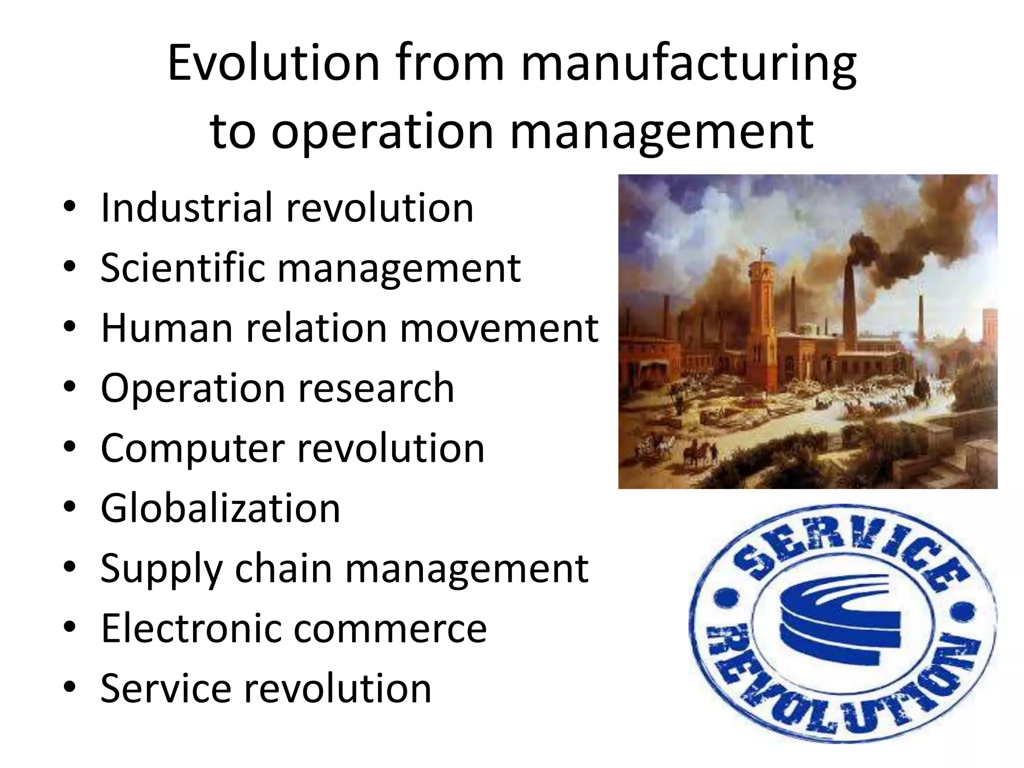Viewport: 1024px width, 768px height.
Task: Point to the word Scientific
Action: coord(182,267)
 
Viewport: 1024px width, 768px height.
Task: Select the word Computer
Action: coord(193,448)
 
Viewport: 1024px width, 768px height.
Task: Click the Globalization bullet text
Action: coord(220,508)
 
